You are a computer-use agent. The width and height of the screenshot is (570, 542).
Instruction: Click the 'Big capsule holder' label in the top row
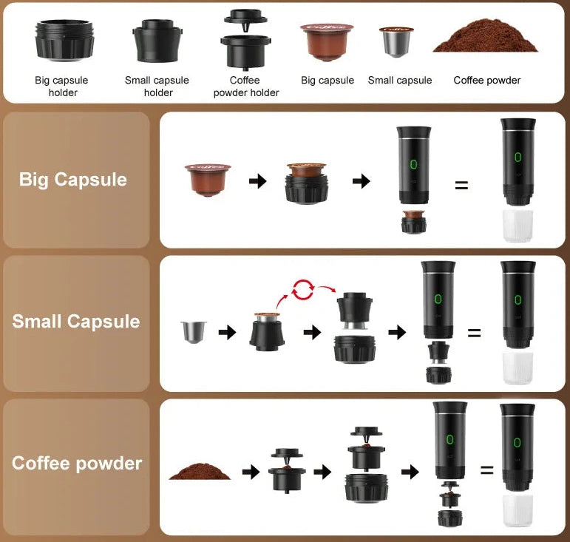[63, 86]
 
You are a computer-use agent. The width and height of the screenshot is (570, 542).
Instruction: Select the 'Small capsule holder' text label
[157, 86]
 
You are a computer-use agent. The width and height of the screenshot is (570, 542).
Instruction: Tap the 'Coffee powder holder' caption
[245, 86]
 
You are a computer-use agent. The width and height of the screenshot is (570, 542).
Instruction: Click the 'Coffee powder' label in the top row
[487, 80]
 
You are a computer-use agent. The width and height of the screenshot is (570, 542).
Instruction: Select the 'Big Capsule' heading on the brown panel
[73, 180]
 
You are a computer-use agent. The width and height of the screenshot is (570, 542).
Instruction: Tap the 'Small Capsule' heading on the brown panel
[75, 322]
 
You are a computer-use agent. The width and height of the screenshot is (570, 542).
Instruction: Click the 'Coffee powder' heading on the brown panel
[76, 464]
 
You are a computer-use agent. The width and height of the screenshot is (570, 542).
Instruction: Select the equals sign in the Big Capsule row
[461, 186]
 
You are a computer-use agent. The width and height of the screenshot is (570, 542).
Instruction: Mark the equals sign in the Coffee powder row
[486, 470]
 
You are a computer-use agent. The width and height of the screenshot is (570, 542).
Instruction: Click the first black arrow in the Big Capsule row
[257, 181]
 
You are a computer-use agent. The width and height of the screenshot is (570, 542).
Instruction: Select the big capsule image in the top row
[327, 41]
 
